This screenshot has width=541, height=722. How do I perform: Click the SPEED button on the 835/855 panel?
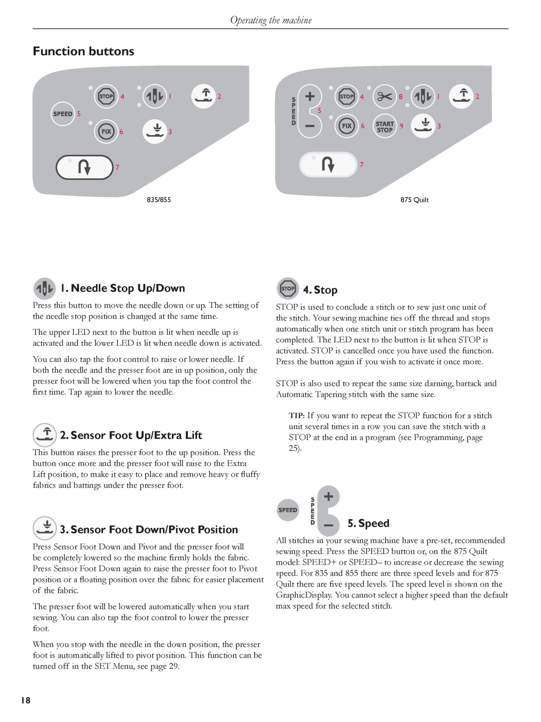tap(63, 114)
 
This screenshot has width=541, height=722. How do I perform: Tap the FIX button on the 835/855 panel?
tap(106, 132)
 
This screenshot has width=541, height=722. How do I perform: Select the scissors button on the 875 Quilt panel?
tap(385, 97)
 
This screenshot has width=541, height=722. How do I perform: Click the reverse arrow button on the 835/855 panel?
tap(84, 167)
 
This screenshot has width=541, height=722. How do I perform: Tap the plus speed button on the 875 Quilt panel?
tap(310, 97)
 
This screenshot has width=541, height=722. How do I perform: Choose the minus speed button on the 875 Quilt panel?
tap(310, 126)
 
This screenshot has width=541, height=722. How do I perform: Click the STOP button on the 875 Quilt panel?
tap(346, 97)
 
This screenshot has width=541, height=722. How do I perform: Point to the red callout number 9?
tap(401, 126)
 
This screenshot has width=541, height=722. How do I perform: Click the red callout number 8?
tap(401, 97)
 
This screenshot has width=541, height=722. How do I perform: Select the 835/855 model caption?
tap(159, 199)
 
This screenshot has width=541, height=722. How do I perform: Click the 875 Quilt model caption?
tap(414, 199)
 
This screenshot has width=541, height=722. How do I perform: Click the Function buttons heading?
tap(83, 51)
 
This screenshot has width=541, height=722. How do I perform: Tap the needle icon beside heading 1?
tap(44, 288)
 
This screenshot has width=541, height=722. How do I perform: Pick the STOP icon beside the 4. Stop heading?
tap(288, 288)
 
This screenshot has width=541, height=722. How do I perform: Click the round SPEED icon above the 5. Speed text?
tap(288, 510)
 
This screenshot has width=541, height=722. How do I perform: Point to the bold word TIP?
tap(297, 416)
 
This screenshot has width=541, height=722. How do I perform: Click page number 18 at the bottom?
tap(26, 700)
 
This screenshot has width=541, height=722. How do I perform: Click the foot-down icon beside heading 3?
tap(44, 528)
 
